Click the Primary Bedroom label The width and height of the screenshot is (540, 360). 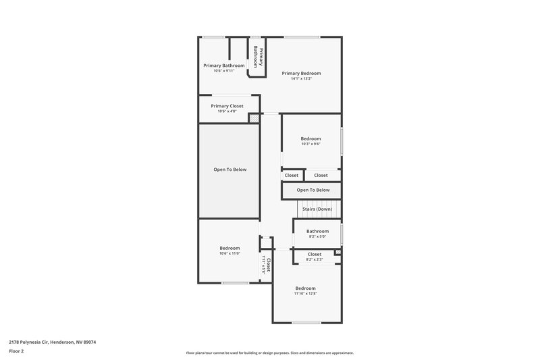point(301,73)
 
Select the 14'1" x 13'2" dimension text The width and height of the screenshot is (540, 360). point(301,79)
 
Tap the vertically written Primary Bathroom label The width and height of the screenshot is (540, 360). point(256,55)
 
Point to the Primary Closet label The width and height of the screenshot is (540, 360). point(227,106)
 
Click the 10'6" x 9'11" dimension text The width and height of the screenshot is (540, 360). point(223,71)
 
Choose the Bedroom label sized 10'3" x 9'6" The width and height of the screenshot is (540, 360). point(310,138)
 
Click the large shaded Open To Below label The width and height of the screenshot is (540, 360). point(230,170)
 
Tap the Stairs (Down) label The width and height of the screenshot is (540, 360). point(317,209)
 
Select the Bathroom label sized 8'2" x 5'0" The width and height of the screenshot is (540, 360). point(317,231)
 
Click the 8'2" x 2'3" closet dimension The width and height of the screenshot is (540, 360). point(315,259)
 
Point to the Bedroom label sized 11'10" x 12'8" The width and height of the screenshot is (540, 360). point(305,288)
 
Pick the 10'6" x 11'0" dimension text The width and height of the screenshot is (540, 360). point(230,253)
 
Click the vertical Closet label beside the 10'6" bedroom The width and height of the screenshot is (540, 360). point(269,264)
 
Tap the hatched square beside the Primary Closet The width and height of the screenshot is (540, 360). point(254,119)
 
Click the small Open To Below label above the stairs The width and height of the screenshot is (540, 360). point(313,190)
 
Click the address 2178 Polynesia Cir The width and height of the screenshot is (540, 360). point(53,342)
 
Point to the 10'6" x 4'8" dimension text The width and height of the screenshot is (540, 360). point(227,111)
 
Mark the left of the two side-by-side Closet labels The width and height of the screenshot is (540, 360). point(292,175)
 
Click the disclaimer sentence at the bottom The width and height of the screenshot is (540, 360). point(270,353)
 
